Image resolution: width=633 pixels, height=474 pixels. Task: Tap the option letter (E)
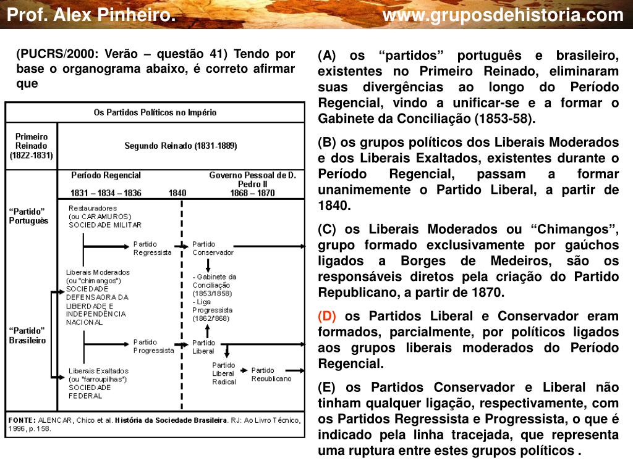(326, 388)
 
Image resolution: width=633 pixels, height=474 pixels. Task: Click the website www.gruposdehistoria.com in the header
(503, 15)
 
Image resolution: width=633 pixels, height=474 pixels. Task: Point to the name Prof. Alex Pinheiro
(91, 15)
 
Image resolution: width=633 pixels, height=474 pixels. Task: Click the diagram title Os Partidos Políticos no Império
(155, 113)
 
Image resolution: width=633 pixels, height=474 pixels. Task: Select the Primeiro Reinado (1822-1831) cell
(31, 146)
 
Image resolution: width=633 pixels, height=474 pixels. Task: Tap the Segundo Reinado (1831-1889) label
(181, 146)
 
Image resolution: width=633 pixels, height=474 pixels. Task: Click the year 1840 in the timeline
(177, 193)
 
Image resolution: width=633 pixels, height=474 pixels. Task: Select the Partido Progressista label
(153, 346)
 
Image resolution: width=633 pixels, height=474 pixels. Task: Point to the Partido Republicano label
(271, 374)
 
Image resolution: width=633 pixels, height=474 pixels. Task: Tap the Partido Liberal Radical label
(224, 373)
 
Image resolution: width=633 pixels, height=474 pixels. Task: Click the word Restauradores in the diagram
(92, 209)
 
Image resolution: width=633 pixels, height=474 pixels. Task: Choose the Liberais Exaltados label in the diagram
(98, 370)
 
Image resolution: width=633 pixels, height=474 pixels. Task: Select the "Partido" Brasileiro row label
(28, 336)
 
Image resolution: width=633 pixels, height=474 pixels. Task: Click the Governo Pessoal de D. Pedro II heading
(252, 179)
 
